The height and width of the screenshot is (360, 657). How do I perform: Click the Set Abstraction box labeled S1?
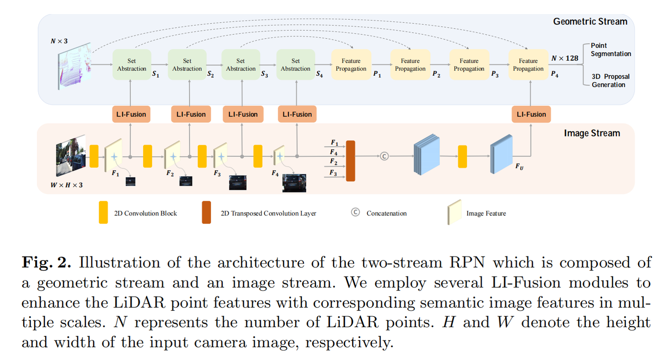click(x=131, y=65)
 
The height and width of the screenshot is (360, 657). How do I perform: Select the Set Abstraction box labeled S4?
click(x=295, y=65)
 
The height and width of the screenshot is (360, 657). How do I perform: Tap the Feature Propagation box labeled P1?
click(x=350, y=65)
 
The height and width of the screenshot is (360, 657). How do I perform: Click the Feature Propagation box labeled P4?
click(x=528, y=65)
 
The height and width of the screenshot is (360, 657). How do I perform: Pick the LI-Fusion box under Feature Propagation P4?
click(x=531, y=114)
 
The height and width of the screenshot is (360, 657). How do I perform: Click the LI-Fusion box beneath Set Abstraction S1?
click(x=131, y=114)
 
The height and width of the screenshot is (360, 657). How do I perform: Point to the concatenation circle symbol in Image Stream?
click(x=384, y=156)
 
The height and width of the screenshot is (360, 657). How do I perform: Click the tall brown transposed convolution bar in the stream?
click(x=350, y=161)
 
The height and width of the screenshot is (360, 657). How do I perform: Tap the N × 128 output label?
click(x=564, y=58)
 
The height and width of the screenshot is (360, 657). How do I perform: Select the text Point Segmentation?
click(x=610, y=50)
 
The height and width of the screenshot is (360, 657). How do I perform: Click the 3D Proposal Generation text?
click(x=609, y=80)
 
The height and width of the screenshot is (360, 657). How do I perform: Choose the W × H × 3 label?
click(x=67, y=185)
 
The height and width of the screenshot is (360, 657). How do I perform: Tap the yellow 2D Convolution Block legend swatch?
click(x=104, y=212)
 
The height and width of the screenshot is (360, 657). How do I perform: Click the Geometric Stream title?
click(x=590, y=21)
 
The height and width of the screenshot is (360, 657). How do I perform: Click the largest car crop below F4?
click(x=294, y=183)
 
